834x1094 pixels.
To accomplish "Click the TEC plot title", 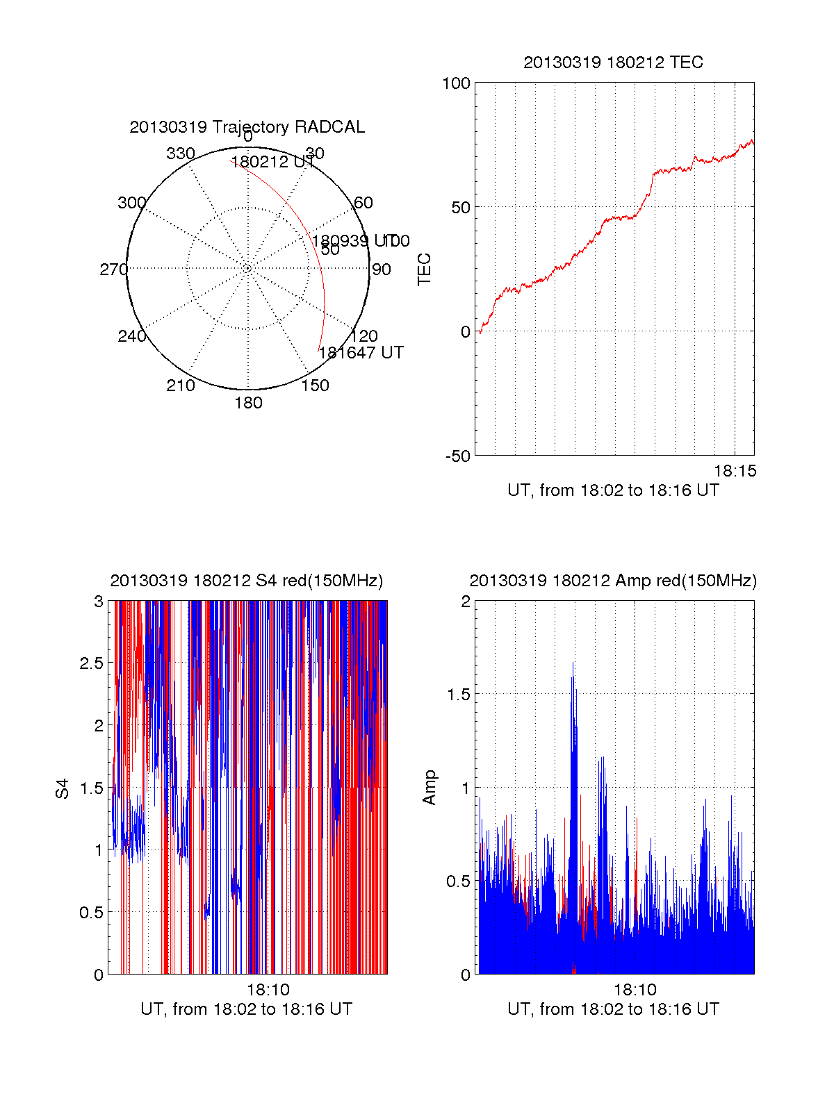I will pos(613,63).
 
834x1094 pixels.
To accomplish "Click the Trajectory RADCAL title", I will pos(247,127).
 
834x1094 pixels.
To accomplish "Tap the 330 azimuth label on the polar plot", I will pos(181,154).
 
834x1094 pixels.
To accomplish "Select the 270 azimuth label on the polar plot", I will pos(113,270).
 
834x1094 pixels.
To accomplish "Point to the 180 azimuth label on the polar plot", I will pos(248,403).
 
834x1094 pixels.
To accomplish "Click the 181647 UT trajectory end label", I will pos(361,353).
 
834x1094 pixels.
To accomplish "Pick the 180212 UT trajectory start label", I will pos(272,163).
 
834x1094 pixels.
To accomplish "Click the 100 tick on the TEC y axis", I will pos(457,83).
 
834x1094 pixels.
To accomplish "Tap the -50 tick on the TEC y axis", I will pos(458,456).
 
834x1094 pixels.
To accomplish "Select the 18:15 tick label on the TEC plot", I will pos(735,471).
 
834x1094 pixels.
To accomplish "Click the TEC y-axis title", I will pos(424,270).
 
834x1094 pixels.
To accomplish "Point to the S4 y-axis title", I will pos(63,788).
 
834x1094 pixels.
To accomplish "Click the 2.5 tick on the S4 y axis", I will pos(92,663).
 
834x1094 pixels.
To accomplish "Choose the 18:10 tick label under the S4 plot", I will pos(268,990).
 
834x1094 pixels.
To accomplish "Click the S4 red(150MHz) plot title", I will pos(247,581).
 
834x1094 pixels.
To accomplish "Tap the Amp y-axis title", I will pos(430,788).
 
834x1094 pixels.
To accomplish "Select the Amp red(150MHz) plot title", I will pos(613,581).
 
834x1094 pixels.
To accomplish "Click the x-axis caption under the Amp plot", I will pos(613,1009).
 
